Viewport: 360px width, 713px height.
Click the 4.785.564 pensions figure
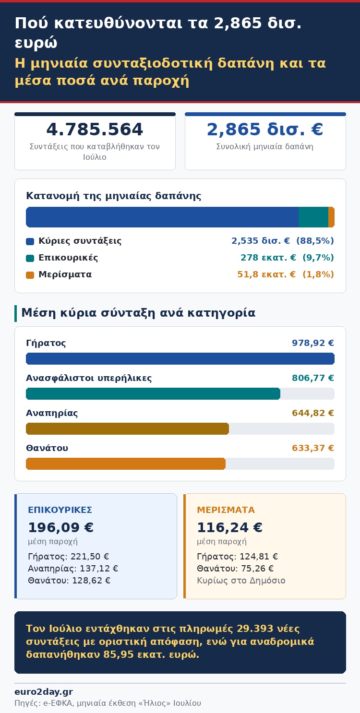click(95, 129)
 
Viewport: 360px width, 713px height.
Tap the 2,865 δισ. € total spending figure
click(265, 129)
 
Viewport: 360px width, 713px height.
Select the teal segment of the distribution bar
click(313, 217)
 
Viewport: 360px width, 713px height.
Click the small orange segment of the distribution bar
click(331, 217)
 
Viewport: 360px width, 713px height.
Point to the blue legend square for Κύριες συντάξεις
click(30, 241)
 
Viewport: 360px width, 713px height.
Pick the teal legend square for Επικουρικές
click(30, 258)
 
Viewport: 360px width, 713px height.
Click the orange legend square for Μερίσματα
click(30, 275)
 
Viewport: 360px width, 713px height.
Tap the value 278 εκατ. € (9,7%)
click(287, 258)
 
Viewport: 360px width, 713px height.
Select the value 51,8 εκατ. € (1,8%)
click(286, 274)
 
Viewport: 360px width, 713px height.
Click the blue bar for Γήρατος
click(180, 359)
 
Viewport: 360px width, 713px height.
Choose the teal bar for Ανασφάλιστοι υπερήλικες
click(153, 394)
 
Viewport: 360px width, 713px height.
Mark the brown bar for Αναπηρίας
click(127, 429)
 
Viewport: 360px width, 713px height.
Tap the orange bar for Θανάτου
click(126, 464)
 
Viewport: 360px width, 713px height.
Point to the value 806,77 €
click(313, 378)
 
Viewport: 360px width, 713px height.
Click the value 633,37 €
click(313, 448)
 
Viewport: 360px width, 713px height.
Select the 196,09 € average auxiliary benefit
click(61, 527)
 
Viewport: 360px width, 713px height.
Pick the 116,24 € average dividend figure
click(230, 527)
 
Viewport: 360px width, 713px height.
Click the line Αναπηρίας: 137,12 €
click(73, 569)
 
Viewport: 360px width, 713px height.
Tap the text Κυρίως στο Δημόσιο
click(241, 581)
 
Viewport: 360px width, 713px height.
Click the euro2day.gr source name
click(44, 692)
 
